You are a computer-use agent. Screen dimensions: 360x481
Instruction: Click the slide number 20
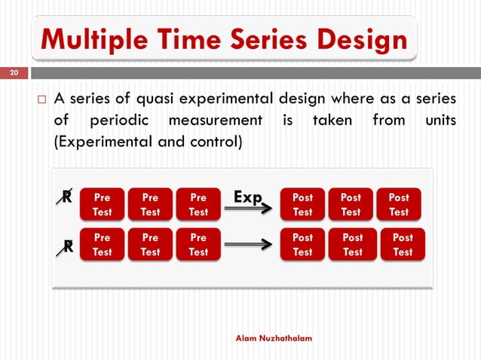pos(14,73)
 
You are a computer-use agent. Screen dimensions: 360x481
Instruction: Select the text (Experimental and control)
pos(147,140)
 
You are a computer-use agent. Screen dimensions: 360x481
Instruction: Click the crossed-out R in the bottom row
pos(67,246)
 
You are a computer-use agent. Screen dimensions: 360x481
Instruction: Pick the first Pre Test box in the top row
pos(102,204)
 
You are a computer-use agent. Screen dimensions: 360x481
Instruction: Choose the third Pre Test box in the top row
pos(198,204)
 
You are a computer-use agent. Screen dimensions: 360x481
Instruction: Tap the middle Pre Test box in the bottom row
pos(150,245)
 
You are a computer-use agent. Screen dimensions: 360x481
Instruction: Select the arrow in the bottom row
pos(248,244)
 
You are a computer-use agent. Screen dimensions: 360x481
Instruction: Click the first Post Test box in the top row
pos(302,204)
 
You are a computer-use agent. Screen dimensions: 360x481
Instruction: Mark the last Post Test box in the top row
pos(399,204)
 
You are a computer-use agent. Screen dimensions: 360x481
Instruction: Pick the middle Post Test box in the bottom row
pos(352,245)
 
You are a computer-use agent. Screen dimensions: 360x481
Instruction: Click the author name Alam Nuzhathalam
pos(274,340)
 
